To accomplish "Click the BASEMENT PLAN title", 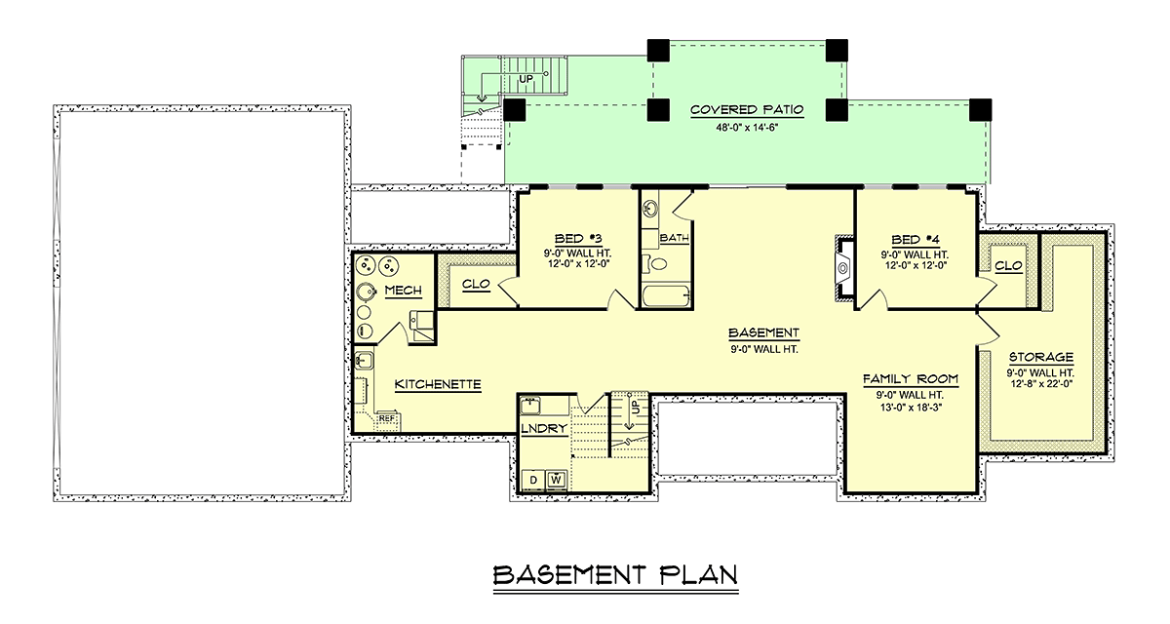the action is pos(616,575).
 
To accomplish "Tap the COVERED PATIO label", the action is pos(747,109).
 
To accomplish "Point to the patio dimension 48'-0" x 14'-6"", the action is pos(747,127).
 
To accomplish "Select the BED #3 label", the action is pos(577,239).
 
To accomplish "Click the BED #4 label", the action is pos(916,240).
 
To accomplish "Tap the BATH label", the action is pos(675,238).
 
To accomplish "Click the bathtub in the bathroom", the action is pos(667,296).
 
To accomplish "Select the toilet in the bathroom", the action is pos(654,262).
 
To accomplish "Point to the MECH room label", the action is pos(404,291).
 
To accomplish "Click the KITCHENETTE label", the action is pos(438,384).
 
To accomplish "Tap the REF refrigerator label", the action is pos(387,418).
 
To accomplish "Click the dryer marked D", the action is pos(533,480).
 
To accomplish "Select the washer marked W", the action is pos(557,480).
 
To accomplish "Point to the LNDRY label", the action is pos(544,429).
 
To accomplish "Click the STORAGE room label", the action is pos(1041,357).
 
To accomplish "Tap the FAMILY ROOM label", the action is pos(911,379).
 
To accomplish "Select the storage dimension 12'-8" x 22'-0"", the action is pos(1041,384).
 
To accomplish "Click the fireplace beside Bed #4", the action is pos(843,269).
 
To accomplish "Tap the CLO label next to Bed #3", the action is pos(477,284).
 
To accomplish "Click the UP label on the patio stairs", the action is pos(526,79).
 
